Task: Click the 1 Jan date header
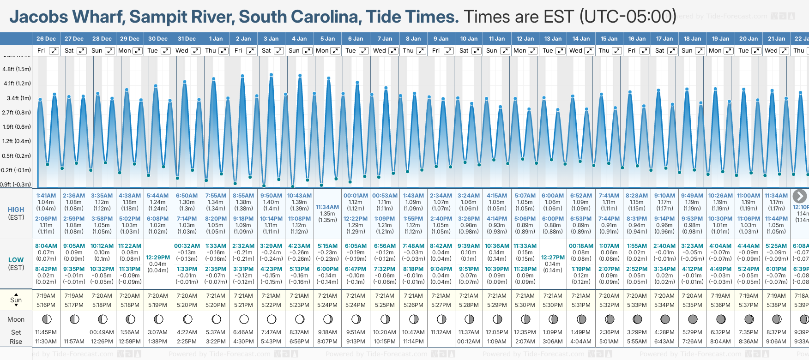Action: click(216, 39)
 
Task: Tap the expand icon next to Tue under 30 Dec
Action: click(165, 51)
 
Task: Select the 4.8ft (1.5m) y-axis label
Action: click(17, 69)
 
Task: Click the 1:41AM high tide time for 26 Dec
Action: click(46, 196)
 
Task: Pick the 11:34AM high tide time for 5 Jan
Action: click(327, 207)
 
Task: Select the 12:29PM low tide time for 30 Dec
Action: click(158, 258)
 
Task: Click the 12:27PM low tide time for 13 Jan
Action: click(553, 258)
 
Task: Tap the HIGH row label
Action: click(16, 210)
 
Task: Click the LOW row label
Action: click(16, 260)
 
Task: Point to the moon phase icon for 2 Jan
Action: click(244, 319)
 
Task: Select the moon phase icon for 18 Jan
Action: click(693, 319)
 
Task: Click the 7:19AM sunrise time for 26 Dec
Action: click(46, 296)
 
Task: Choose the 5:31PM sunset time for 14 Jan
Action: click(581, 305)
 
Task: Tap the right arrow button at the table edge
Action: click(800, 196)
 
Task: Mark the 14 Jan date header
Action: click(581, 39)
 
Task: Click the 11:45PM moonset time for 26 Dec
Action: click(46, 332)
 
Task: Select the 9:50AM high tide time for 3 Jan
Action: click(271, 196)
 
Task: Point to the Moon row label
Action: click(16, 319)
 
